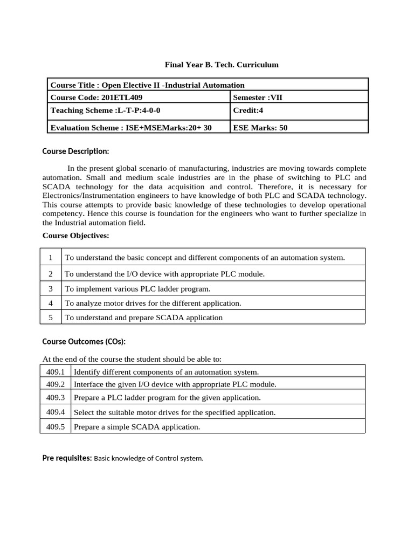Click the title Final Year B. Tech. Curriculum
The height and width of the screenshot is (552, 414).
[x=222, y=65]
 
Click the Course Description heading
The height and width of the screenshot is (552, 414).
[x=75, y=151]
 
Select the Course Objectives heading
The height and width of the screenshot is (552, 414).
[x=75, y=236]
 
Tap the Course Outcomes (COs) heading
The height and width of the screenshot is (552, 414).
[x=84, y=341]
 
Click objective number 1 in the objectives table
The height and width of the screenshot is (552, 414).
[x=51, y=258]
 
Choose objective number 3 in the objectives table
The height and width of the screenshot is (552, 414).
[x=51, y=288]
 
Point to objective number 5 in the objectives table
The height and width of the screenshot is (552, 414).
[x=51, y=318]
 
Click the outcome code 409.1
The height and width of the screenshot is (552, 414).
[x=56, y=372]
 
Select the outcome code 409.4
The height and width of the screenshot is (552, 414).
[x=56, y=412]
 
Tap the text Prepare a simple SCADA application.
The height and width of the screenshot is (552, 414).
[x=136, y=427]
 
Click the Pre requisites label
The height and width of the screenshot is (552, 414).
[x=67, y=458]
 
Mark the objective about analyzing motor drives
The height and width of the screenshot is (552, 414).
[x=153, y=303]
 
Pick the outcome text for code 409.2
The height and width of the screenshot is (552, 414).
[x=175, y=384]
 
